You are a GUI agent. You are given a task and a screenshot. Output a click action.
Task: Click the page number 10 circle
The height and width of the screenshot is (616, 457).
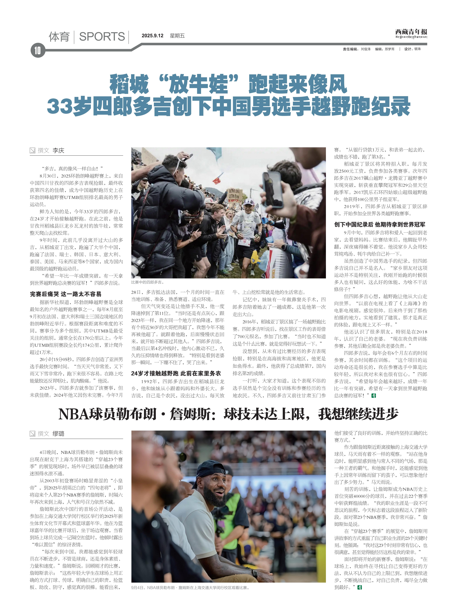(x=38, y=50)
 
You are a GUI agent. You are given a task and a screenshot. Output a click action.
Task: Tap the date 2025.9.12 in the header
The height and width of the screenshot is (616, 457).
(x=152, y=36)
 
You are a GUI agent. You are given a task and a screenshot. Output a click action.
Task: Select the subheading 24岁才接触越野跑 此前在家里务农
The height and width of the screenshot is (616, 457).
(x=176, y=373)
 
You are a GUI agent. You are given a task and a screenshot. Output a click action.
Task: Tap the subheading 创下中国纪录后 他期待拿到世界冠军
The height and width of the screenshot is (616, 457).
(x=380, y=225)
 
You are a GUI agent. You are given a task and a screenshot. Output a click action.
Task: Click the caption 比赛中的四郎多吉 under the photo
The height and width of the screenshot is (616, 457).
(x=148, y=282)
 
